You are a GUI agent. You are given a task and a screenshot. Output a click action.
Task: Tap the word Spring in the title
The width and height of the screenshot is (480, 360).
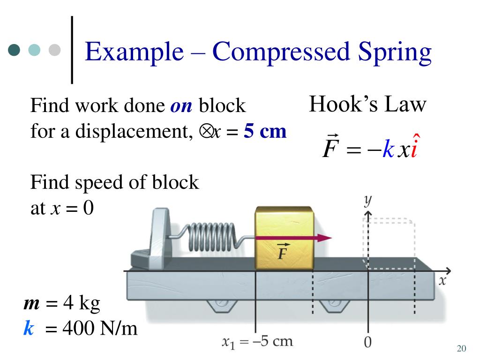click(393, 53)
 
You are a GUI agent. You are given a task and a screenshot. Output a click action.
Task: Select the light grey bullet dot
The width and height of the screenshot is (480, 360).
click(55, 50)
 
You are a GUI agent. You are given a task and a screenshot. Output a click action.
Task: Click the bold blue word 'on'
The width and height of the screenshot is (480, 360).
click(181, 106)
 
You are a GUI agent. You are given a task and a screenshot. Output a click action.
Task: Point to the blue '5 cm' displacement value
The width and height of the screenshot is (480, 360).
click(265, 132)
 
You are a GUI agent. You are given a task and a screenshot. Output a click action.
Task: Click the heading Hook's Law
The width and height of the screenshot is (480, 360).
click(367, 104)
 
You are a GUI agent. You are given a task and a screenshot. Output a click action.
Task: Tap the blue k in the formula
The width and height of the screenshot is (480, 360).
click(388, 149)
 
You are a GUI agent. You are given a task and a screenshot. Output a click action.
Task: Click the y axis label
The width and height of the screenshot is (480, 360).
click(368, 201)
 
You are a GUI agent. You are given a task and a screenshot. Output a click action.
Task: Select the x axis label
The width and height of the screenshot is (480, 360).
click(442, 281)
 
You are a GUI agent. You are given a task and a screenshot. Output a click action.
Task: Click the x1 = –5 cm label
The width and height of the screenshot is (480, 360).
click(257, 341)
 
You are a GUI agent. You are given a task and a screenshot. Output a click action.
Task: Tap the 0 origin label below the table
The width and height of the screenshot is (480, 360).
click(368, 343)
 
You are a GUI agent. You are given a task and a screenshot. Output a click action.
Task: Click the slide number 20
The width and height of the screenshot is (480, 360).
click(461, 348)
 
